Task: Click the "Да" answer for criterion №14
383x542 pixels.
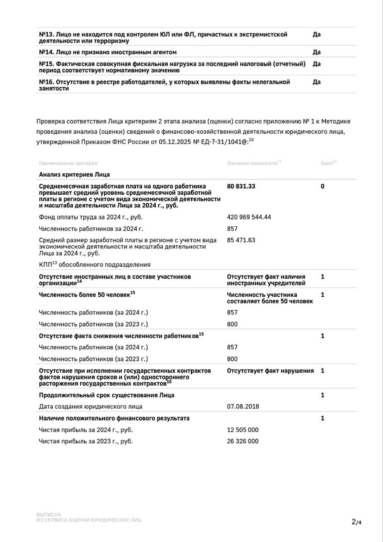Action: [x=316, y=52]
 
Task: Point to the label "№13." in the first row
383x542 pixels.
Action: [x=47, y=34]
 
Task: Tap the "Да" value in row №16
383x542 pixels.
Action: [x=316, y=82]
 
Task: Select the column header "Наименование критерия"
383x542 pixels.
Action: [x=68, y=163]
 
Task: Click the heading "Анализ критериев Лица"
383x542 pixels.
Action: [x=74, y=174]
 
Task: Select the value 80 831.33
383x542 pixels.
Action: [x=244, y=186]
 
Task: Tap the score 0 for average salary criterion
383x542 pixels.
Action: [x=323, y=186]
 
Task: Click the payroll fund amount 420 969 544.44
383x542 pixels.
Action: [x=249, y=217]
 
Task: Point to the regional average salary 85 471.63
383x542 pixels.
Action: [x=241, y=240]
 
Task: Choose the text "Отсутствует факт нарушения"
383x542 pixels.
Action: [x=270, y=371]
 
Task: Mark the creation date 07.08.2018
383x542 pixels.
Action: [x=243, y=406]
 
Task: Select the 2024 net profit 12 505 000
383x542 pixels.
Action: [x=243, y=430]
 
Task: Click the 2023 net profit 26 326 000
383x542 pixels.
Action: [x=243, y=441]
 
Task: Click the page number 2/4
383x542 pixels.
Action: [x=356, y=522]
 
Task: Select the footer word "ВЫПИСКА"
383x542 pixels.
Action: [x=49, y=514]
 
